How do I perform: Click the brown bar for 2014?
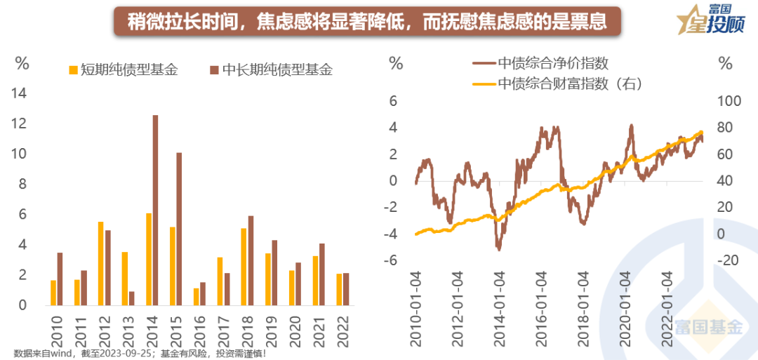click(x=155, y=211)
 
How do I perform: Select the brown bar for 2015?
click(x=179, y=229)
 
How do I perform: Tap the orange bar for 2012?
click(x=100, y=264)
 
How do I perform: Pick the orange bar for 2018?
click(x=244, y=267)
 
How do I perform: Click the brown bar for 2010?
click(x=60, y=279)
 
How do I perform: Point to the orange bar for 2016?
click(x=196, y=297)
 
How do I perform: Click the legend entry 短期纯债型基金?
click(x=123, y=70)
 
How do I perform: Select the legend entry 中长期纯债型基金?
click(x=270, y=70)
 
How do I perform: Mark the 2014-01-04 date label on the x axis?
click(x=500, y=309)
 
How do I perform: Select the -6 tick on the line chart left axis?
click(x=393, y=260)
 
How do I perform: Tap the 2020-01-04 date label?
click(x=625, y=309)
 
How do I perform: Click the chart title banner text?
click(x=366, y=22)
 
